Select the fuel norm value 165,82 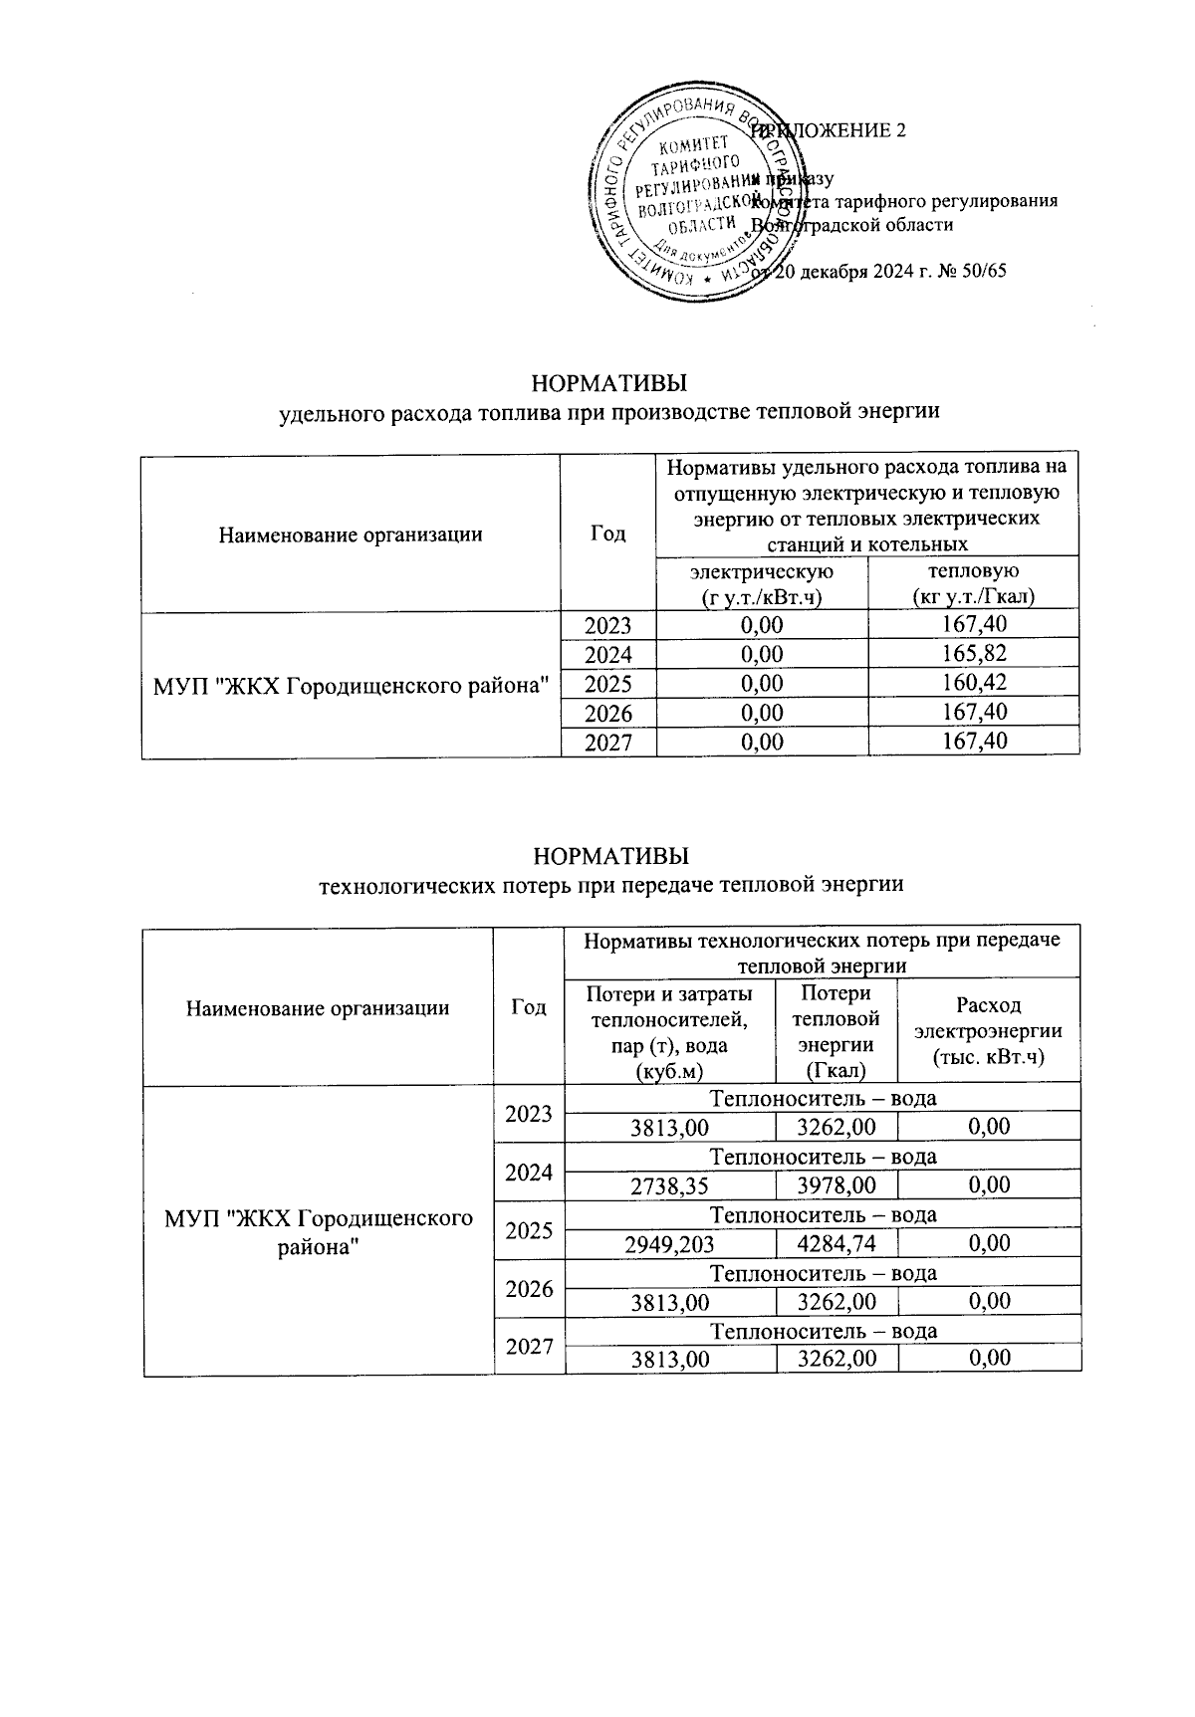pyautogui.click(x=973, y=654)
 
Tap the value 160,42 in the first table pyautogui.click(x=973, y=683)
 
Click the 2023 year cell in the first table pyautogui.click(x=607, y=625)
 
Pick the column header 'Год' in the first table pyautogui.click(x=607, y=534)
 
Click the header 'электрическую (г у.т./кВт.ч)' pyautogui.click(x=762, y=583)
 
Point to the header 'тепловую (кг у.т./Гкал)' pyautogui.click(x=973, y=583)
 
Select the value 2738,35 pyautogui.click(x=669, y=1184)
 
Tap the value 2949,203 pyautogui.click(x=669, y=1242)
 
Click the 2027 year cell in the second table pyautogui.click(x=529, y=1347)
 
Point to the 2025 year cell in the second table pyautogui.click(x=529, y=1230)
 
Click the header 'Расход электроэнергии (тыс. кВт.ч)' pyautogui.click(x=988, y=1030)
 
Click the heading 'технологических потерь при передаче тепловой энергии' pyautogui.click(x=609, y=883)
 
